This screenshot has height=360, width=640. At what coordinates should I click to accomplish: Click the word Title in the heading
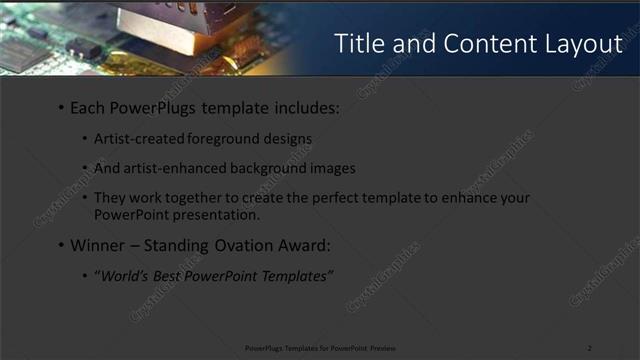click(x=358, y=44)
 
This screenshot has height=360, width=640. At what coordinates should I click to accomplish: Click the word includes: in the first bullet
click(x=304, y=107)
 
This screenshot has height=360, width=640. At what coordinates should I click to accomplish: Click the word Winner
click(x=97, y=245)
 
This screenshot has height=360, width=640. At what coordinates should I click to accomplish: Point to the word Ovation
click(x=248, y=245)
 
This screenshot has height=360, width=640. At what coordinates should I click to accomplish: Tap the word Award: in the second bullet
click(x=306, y=245)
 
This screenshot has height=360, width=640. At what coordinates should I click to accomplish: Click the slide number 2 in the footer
click(x=589, y=347)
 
